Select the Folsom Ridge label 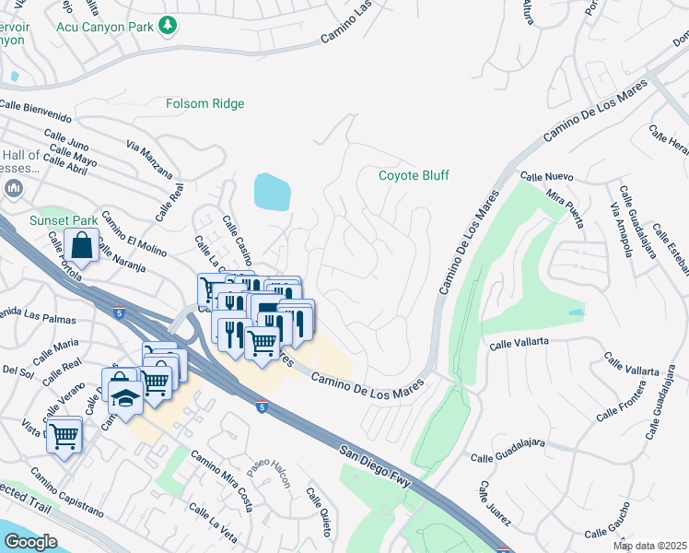click(x=204, y=104)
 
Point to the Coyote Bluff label click(x=414, y=175)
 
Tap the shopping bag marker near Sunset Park click(x=82, y=247)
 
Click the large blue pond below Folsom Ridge click(x=272, y=192)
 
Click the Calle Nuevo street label click(x=546, y=176)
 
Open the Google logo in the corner click(x=30, y=542)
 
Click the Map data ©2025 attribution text click(x=649, y=546)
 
